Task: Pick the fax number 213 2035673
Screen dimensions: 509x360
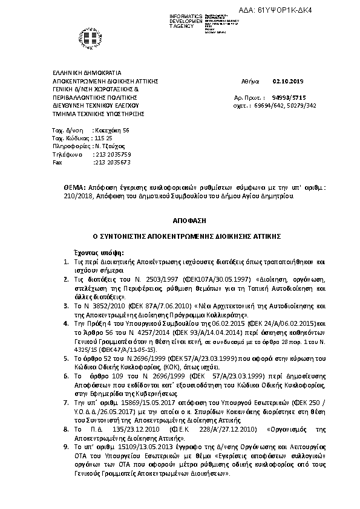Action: click(x=112, y=163)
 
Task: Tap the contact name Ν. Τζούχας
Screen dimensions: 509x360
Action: click(x=110, y=146)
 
